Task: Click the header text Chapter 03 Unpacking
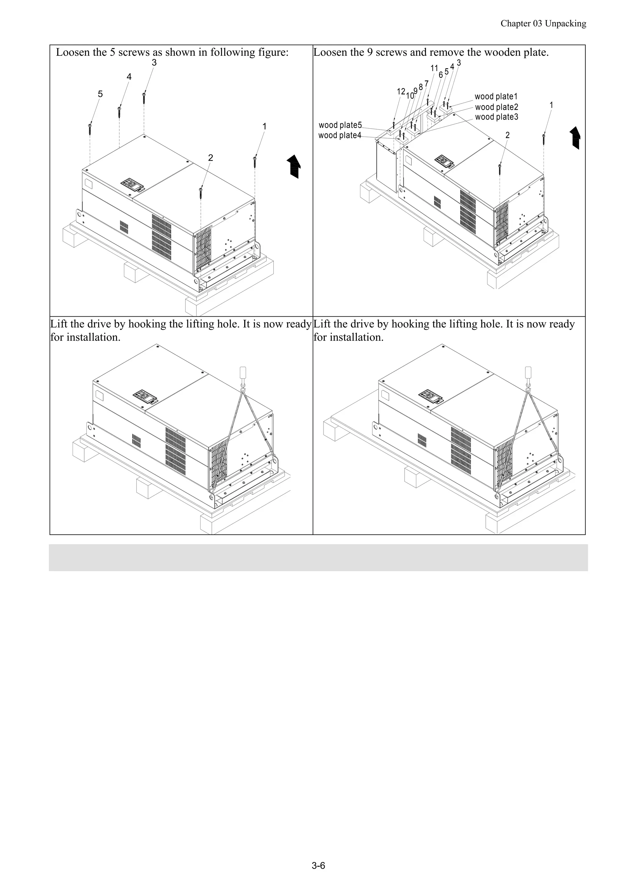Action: click(543, 23)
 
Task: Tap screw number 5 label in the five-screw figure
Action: click(100, 94)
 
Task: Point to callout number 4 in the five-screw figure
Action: click(129, 77)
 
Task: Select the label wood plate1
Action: click(496, 97)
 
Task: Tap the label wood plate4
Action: click(340, 135)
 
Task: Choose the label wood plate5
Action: click(340, 125)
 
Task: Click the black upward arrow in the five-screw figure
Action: click(294, 166)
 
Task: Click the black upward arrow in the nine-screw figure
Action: click(575, 138)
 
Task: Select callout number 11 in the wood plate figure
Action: click(434, 68)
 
